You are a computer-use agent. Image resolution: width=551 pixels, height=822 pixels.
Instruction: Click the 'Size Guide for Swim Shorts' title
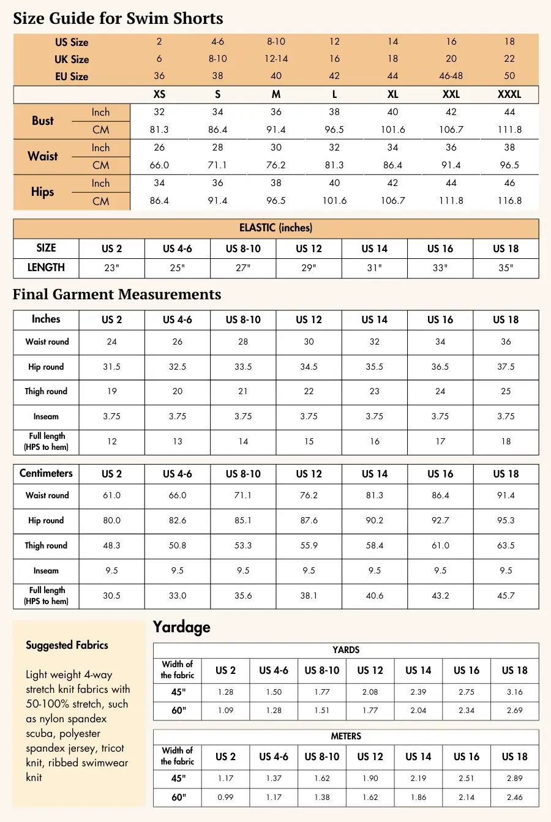(x=118, y=18)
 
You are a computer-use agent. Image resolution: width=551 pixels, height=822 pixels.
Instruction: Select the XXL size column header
(x=451, y=94)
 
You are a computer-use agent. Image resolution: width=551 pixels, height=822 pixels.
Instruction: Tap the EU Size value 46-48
(x=451, y=76)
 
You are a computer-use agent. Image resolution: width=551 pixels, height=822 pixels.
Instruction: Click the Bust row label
(x=43, y=121)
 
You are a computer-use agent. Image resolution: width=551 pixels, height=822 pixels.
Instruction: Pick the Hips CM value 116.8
(x=509, y=201)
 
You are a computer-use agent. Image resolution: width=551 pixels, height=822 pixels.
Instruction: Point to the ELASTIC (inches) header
(x=275, y=228)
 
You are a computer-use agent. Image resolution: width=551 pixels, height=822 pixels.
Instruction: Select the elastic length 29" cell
(x=309, y=268)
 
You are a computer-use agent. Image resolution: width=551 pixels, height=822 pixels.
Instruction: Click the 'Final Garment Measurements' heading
(x=117, y=294)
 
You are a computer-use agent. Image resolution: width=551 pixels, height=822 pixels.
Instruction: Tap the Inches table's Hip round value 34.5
(x=309, y=367)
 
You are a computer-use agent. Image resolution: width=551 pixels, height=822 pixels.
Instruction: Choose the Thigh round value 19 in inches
(x=111, y=391)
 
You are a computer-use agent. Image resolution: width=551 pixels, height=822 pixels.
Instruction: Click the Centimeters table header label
(x=46, y=473)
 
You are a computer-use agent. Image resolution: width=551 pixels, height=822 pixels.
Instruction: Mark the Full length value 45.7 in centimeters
(x=506, y=596)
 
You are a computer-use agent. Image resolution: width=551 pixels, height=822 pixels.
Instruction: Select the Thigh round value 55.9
(x=309, y=545)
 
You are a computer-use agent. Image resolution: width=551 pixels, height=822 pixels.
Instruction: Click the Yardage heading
(x=181, y=627)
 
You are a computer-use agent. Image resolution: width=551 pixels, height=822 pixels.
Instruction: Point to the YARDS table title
(x=346, y=650)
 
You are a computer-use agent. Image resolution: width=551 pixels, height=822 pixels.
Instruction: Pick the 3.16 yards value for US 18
(x=514, y=692)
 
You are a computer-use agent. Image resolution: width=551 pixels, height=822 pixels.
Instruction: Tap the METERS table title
(x=346, y=736)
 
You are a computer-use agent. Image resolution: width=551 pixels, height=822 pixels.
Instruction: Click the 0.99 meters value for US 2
(x=225, y=797)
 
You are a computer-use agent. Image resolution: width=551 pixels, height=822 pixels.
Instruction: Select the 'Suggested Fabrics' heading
(x=67, y=645)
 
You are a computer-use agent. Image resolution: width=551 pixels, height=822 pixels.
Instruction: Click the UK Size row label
(x=72, y=59)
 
